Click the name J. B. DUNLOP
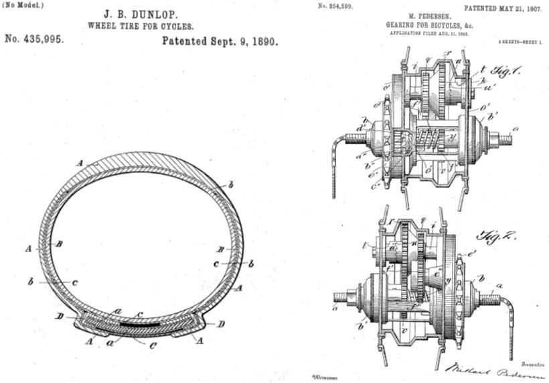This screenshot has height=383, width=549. pos(139,13)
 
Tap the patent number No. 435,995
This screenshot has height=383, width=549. pos(35,40)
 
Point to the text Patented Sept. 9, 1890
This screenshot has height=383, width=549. pos(220,40)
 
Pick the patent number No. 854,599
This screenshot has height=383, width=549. pos(333,5)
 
